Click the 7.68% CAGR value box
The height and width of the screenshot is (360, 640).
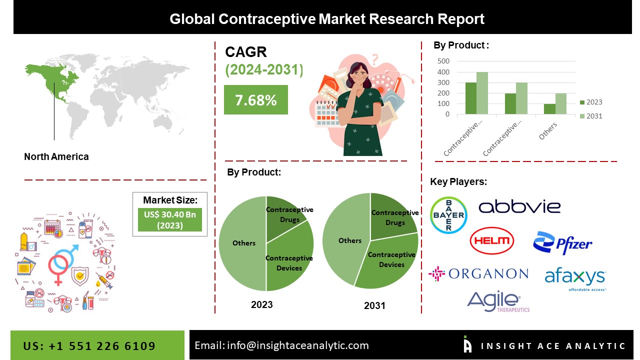[255, 100]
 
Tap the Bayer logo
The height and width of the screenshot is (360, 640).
[448, 215]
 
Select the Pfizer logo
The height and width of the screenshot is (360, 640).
[562, 243]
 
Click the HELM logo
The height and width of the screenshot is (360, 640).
[492, 241]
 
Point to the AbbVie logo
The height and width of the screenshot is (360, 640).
[519, 206]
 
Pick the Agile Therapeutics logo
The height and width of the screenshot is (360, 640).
[497, 301]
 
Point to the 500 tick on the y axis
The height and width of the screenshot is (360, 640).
[443, 61]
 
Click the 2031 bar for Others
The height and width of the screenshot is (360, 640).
[560, 103]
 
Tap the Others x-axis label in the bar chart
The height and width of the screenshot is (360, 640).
[548, 131]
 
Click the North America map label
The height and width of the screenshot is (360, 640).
[56, 156]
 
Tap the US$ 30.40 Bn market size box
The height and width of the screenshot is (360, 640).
[169, 220]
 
